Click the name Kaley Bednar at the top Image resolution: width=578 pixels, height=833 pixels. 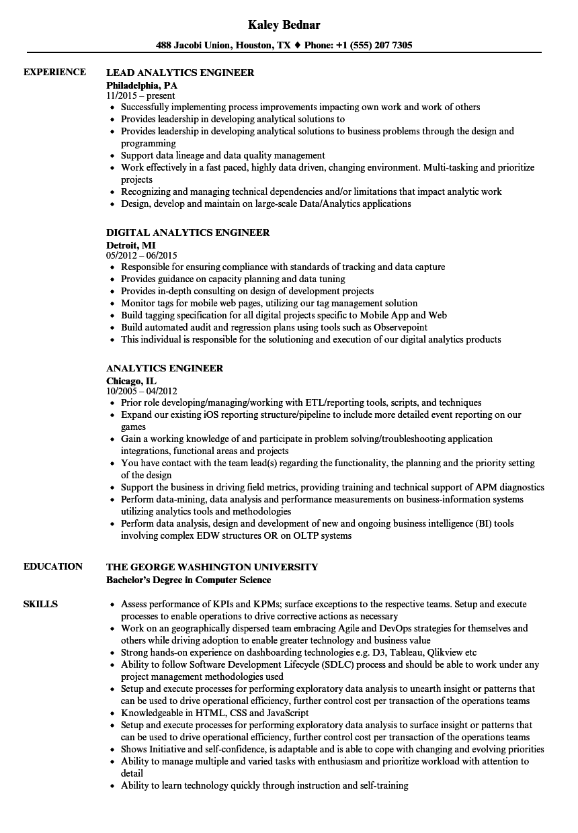[x=284, y=25]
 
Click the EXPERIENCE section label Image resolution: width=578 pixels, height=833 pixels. [x=54, y=72]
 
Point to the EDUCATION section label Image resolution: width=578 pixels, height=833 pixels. [x=53, y=566]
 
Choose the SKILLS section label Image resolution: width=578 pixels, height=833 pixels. [x=40, y=604]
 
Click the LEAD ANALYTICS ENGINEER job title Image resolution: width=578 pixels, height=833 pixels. [x=180, y=73]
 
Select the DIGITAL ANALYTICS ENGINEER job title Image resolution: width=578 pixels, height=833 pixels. [x=188, y=232]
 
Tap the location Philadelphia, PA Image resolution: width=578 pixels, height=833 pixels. [x=142, y=85]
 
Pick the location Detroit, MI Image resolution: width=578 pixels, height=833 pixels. [x=130, y=245]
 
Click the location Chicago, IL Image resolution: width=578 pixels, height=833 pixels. [x=131, y=381]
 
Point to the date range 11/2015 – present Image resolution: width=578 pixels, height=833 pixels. [x=140, y=96]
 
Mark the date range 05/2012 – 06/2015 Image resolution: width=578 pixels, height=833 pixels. [x=141, y=256]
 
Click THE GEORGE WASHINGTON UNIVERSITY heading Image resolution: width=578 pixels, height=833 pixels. [x=212, y=567]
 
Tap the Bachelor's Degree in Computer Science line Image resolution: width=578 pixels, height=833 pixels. [x=189, y=580]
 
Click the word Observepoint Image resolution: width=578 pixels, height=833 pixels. [x=401, y=328]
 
